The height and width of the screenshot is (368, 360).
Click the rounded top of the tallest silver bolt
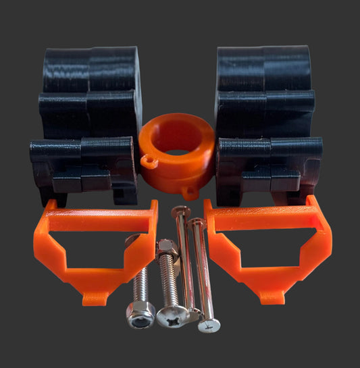180,211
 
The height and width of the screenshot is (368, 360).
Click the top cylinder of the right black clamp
263,68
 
